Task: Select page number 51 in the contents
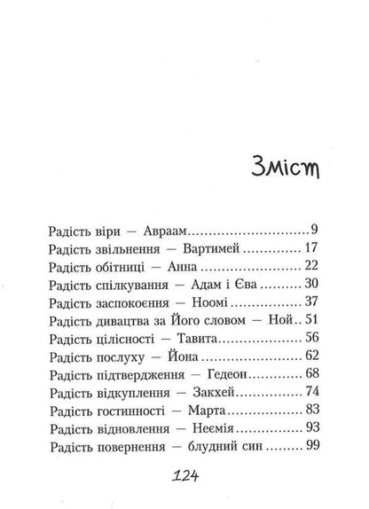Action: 310,338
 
